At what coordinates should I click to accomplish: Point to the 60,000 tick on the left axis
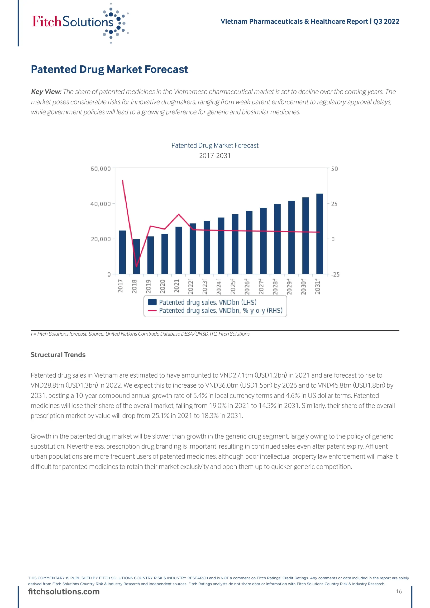click(x=101, y=169)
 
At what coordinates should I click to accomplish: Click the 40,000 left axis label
click(x=101, y=204)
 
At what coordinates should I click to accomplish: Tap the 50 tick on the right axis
click(x=334, y=169)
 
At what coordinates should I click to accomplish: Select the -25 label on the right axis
click(x=335, y=274)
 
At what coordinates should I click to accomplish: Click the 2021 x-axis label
click(x=177, y=286)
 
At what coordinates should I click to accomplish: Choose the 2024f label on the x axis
click(x=219, y=286)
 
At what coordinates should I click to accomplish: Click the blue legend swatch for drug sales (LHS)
click(x=152, y=302)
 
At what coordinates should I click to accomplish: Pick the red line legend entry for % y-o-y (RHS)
click(x=152, y=310)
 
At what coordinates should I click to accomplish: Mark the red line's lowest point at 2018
click(x=136, y=266)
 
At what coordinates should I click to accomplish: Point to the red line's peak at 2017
click(x=122, y=180)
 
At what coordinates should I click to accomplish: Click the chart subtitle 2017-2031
click(x=215, y=156)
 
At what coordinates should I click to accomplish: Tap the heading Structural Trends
click(x=58, y=355)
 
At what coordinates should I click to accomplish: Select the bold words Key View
click(x=46, y=92)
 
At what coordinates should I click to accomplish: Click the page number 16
click(x=399, y=591)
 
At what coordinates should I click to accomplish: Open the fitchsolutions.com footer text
click(x=64, y=592)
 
